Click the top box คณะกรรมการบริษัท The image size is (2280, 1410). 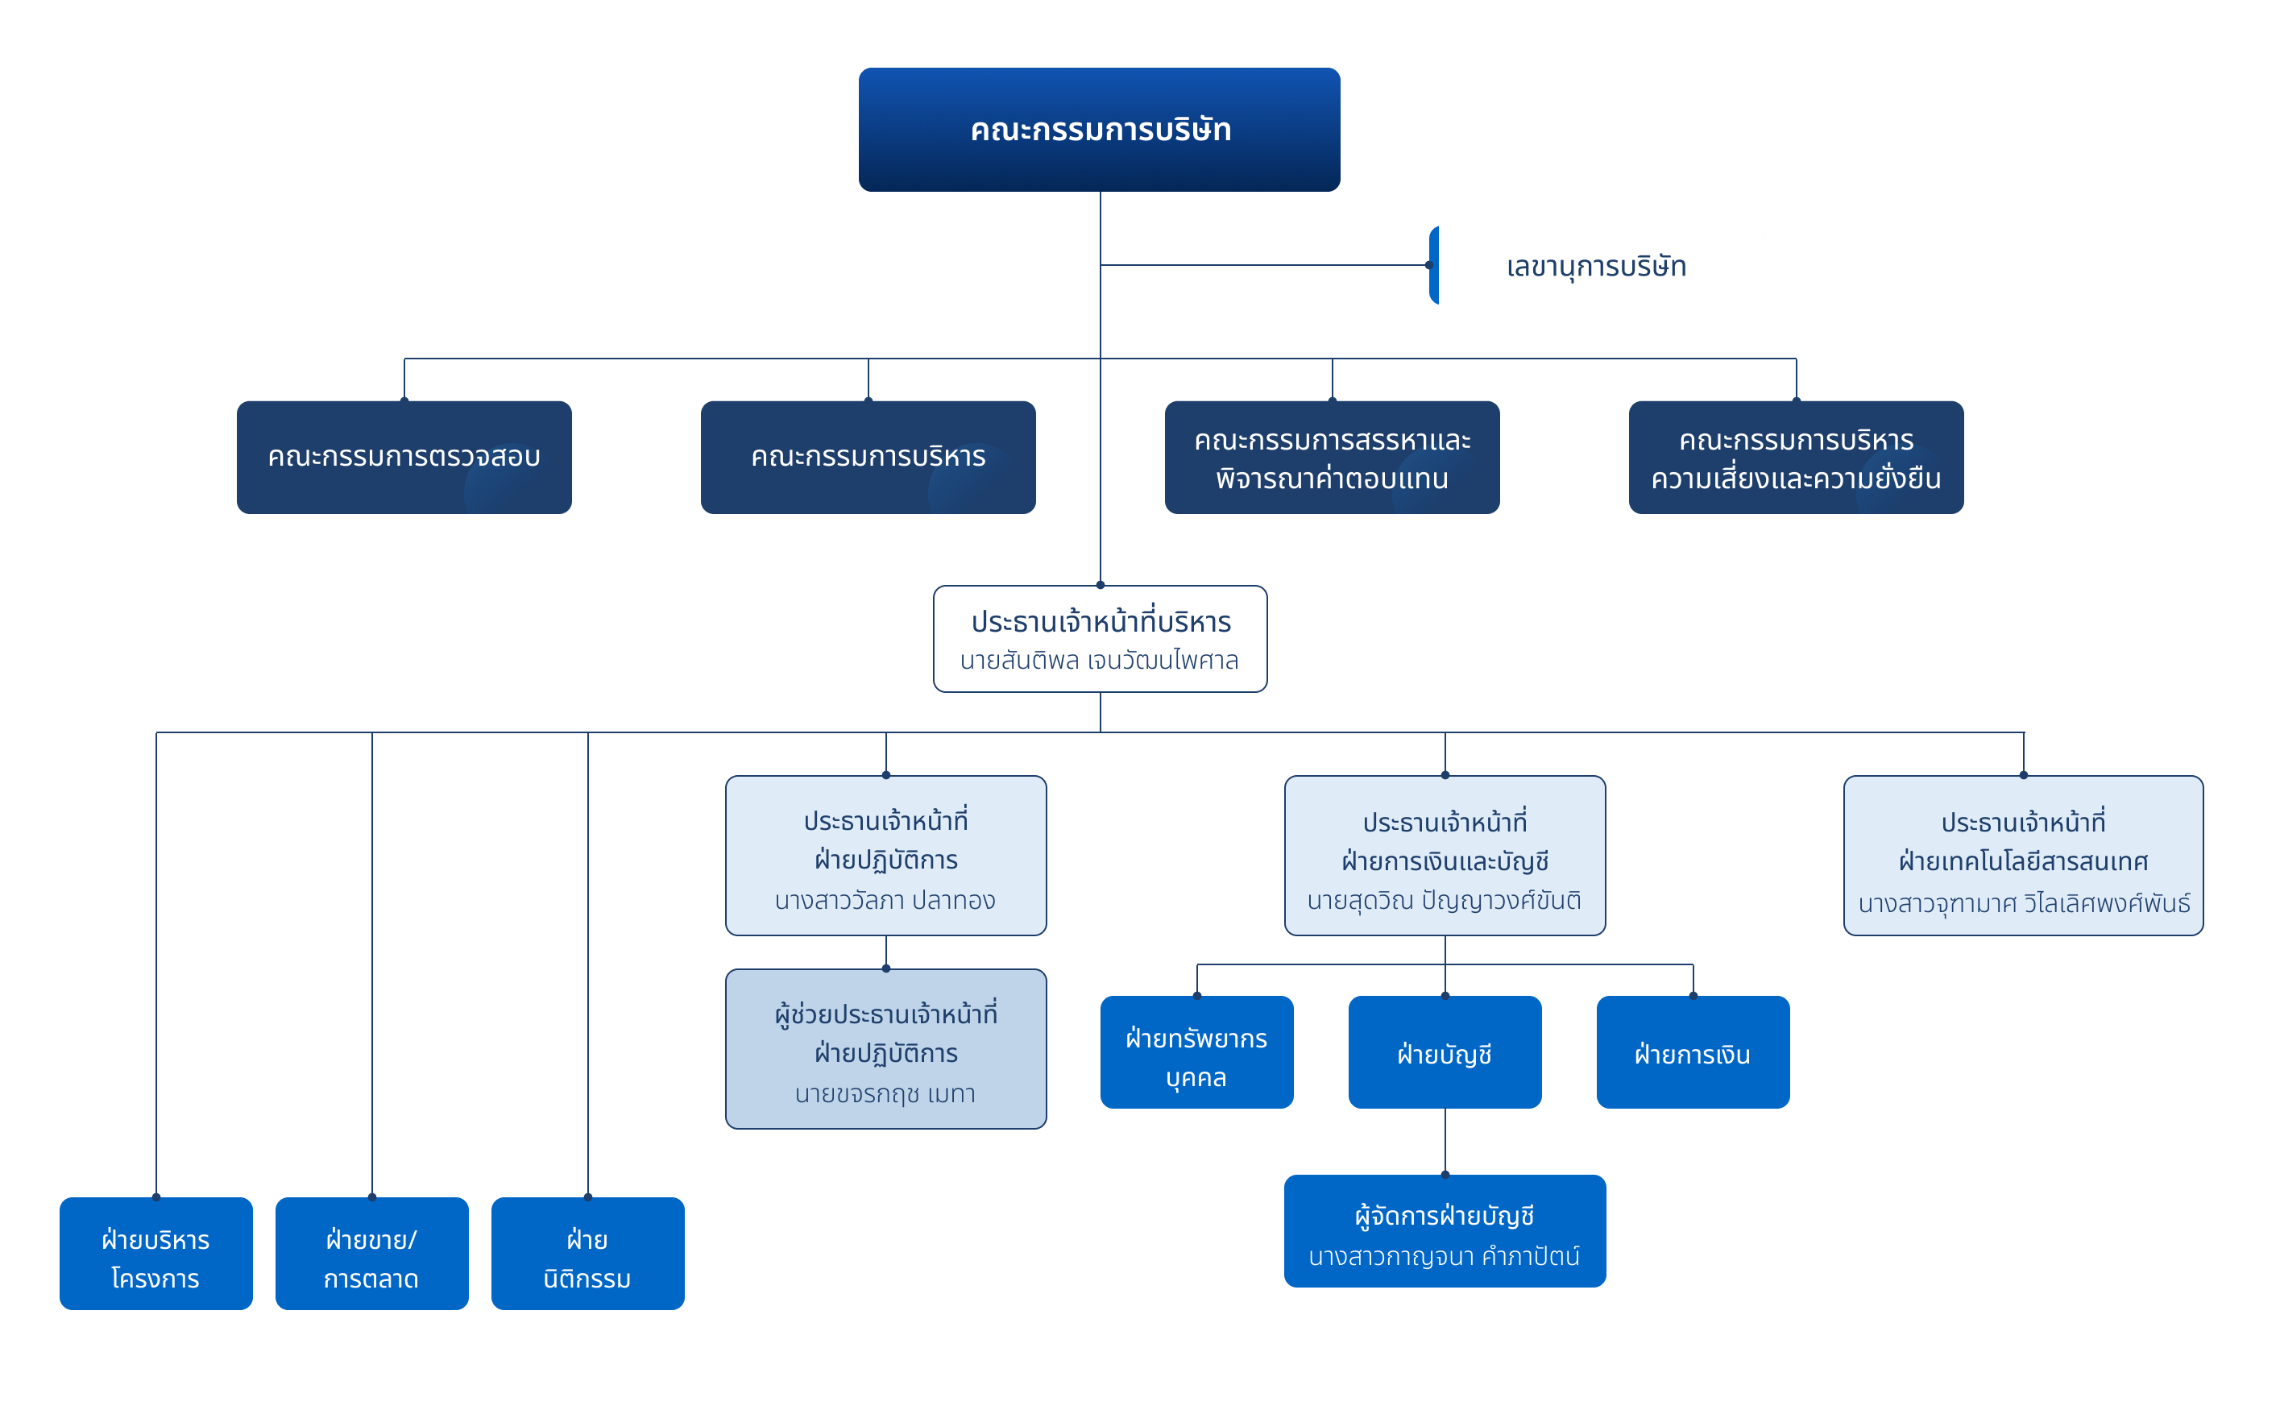[x=1100, y=130]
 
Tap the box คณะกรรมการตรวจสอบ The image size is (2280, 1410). [x=404, y=457]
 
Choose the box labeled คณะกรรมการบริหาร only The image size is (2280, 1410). [x=868, y=457]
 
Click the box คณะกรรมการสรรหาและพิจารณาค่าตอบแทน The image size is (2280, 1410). [x=1332, y=458]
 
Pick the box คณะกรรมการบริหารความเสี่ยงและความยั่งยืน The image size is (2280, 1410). [x=1796, y=458]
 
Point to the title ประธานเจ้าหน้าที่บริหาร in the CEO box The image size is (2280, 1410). [x=1101, y=622]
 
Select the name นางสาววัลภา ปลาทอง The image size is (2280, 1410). [x=885, y=901]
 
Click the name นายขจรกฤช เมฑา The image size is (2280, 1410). [x=885, y=1094]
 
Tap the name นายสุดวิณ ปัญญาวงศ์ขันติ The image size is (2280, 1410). [x=1445, y=901]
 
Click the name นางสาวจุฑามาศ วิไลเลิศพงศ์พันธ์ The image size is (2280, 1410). [x=2024, y=902]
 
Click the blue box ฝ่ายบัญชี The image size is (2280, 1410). [x=1445, y=1053]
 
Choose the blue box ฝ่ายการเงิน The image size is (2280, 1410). [x=1693, y=1053]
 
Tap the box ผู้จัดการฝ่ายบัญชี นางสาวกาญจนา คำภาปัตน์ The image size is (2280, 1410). [x=1445, y=1232]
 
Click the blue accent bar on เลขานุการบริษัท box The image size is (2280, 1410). [x=1433, y=266]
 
